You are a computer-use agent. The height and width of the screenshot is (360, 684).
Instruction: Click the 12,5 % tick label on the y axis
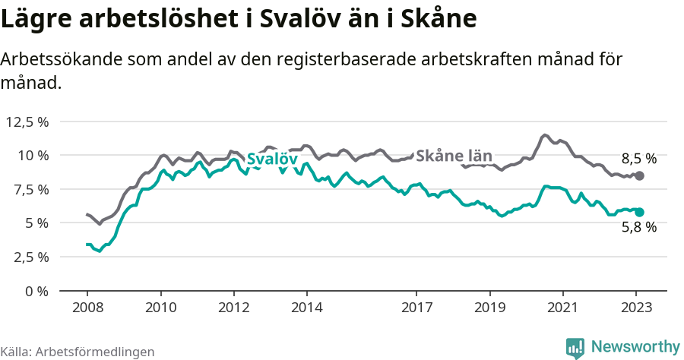(27, 122)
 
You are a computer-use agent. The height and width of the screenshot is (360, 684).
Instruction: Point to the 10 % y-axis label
(33, 156)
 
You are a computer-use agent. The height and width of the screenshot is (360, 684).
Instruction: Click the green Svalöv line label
(271, 159)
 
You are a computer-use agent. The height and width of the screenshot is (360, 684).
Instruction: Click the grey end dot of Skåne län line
(640, 175)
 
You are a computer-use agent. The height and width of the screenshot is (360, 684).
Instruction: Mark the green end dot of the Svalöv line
(640, 213)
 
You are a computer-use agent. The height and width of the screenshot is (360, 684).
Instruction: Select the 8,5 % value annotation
(638, 159)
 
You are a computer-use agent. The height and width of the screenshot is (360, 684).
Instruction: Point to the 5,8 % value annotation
(638, 226)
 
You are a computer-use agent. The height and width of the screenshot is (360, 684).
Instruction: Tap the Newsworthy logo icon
(575, 348)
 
